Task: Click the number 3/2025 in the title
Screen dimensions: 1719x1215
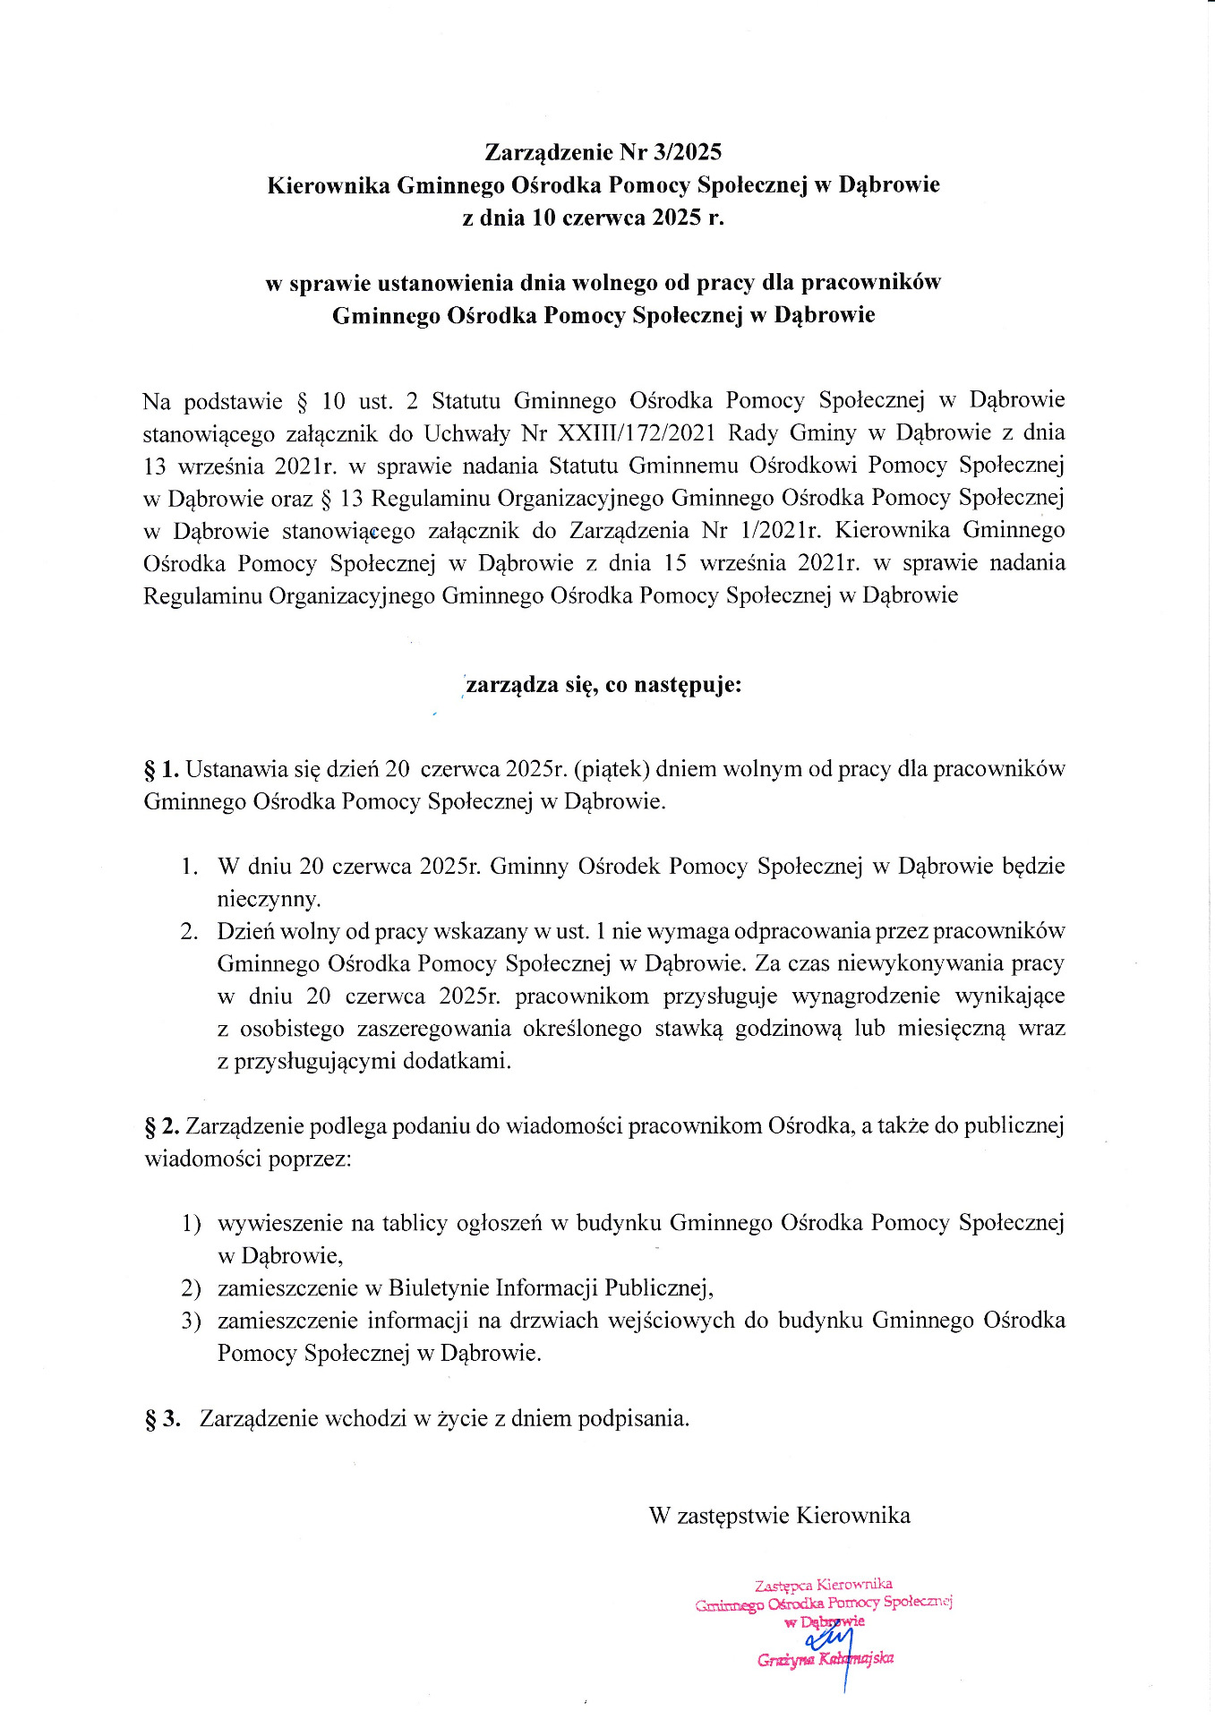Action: click(x=688, y=152)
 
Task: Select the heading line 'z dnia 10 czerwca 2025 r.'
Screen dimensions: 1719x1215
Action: click(x=593, y=218)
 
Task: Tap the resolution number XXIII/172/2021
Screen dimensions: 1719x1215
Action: click(x=637, y=433)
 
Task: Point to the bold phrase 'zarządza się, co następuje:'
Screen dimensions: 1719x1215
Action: click(x=603, y=686)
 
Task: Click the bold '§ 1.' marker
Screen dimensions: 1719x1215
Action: click(x=162, y=769)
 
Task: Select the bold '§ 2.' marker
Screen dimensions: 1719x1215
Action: click(x=162, y=1126)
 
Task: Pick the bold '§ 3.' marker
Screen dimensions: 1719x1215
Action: click(x=162, y=1418)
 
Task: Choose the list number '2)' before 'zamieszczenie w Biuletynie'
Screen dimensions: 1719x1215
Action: click(x=191, y=1288)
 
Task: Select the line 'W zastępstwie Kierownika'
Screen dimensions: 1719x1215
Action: click(x=779, y=1516)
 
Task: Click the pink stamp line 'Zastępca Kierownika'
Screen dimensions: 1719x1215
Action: click(x=823, y=1584)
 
